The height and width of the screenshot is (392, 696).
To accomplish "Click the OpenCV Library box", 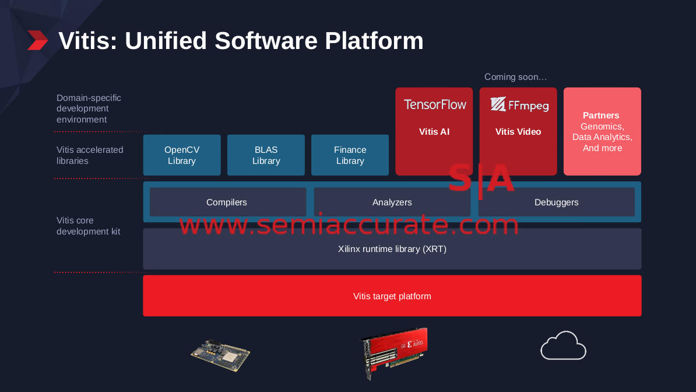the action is [x=181, y=155].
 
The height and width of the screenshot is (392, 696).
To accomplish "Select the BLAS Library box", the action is [x=266, y=155].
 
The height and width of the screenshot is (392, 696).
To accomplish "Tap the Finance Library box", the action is [x=350, y=155].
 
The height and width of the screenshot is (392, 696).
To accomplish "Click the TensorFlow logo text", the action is [x=434, y=104].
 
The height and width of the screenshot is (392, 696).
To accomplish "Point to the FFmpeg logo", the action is [x=519, y=104].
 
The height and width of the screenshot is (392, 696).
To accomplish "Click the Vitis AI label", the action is [x=434, y=132].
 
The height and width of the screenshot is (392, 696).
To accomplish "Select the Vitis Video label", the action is [x=518, y=132].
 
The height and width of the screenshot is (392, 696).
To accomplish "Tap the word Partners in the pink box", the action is [x=601, y=116].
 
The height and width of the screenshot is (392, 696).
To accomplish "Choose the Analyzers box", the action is [x=392, y=202].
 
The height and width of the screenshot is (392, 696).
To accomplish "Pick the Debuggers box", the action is [x=556, y=202].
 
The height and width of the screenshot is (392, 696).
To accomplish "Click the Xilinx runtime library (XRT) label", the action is [x=392, y=249].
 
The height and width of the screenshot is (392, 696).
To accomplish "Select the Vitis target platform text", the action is [x=392, y=296].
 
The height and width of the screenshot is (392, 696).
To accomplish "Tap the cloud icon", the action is [x=563, y=345].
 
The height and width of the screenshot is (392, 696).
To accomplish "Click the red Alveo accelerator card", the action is [x=393, y=353].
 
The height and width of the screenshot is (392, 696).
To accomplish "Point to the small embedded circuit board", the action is [x=220, y=355].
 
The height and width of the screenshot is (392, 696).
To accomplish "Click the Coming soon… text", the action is [x=515, y=77].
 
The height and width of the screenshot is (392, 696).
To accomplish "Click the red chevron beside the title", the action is [x=38, y=40].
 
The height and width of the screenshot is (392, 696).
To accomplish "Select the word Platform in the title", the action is [x=374, y=40].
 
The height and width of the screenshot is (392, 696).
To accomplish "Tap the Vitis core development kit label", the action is [x=89, y=226].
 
